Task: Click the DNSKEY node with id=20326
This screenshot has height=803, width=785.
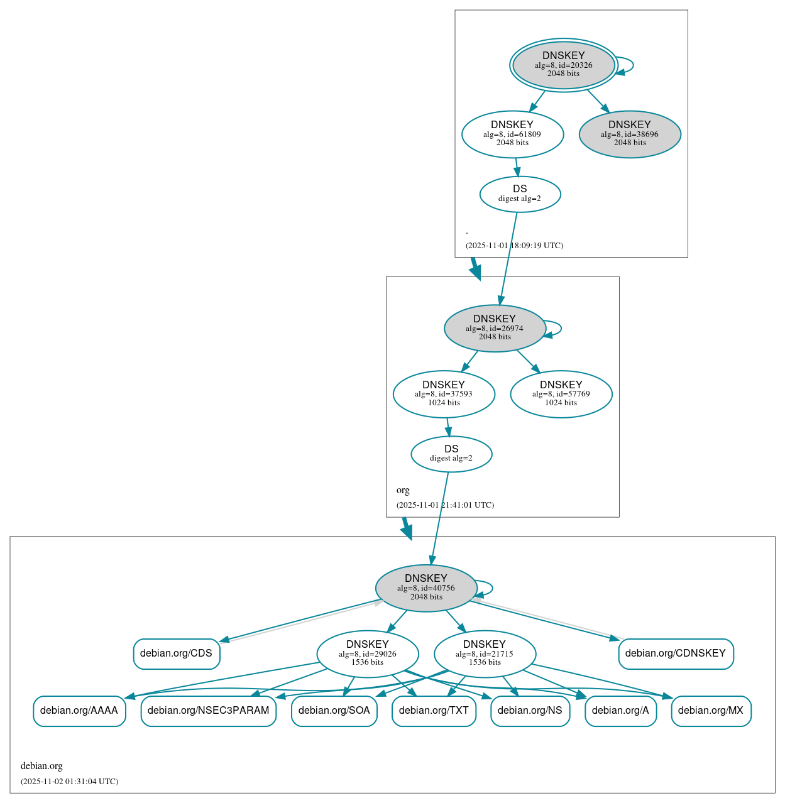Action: (x=563, y=65)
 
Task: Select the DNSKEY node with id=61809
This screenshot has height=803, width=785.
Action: (x=512, y=134)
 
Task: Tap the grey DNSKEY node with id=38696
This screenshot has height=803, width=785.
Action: (x=630, y=134)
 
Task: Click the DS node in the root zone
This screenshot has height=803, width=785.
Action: (x=520, y=194)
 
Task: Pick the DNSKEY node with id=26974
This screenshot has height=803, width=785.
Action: (x=495, y=328)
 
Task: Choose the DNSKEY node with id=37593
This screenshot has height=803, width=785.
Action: (x=444, y=394)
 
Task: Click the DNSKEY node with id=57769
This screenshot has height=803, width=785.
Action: (x=561, y=394)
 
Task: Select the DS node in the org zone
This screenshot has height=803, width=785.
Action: (x=451, y=454)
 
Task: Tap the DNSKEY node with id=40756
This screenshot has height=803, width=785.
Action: (x=426, y=588)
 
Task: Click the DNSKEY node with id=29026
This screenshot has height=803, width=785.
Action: (x=368, y=654)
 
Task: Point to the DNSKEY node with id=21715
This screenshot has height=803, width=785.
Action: (x=485, y=654)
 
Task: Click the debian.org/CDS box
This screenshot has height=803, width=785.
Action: (x=177, y=653)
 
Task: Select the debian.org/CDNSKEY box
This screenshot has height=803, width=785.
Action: (x=676, y=653)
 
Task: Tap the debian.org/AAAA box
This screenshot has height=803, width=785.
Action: (x=79, y=711)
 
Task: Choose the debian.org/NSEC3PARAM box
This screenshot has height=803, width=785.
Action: (x=208, y=711)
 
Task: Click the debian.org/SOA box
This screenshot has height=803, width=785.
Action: (x=334, y=711)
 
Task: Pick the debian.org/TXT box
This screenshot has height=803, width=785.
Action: (x=434, y=711)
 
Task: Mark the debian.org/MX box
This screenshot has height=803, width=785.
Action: (x=711, y=711)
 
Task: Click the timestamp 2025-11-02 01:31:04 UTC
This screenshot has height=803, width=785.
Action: (x=69, y=782)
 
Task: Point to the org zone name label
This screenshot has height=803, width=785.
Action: (x=403, y=490)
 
